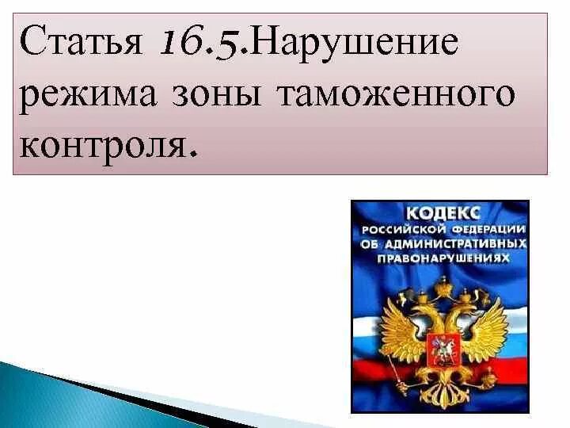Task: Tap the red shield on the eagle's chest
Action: (440, 346)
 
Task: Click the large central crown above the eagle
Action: (440, 284)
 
